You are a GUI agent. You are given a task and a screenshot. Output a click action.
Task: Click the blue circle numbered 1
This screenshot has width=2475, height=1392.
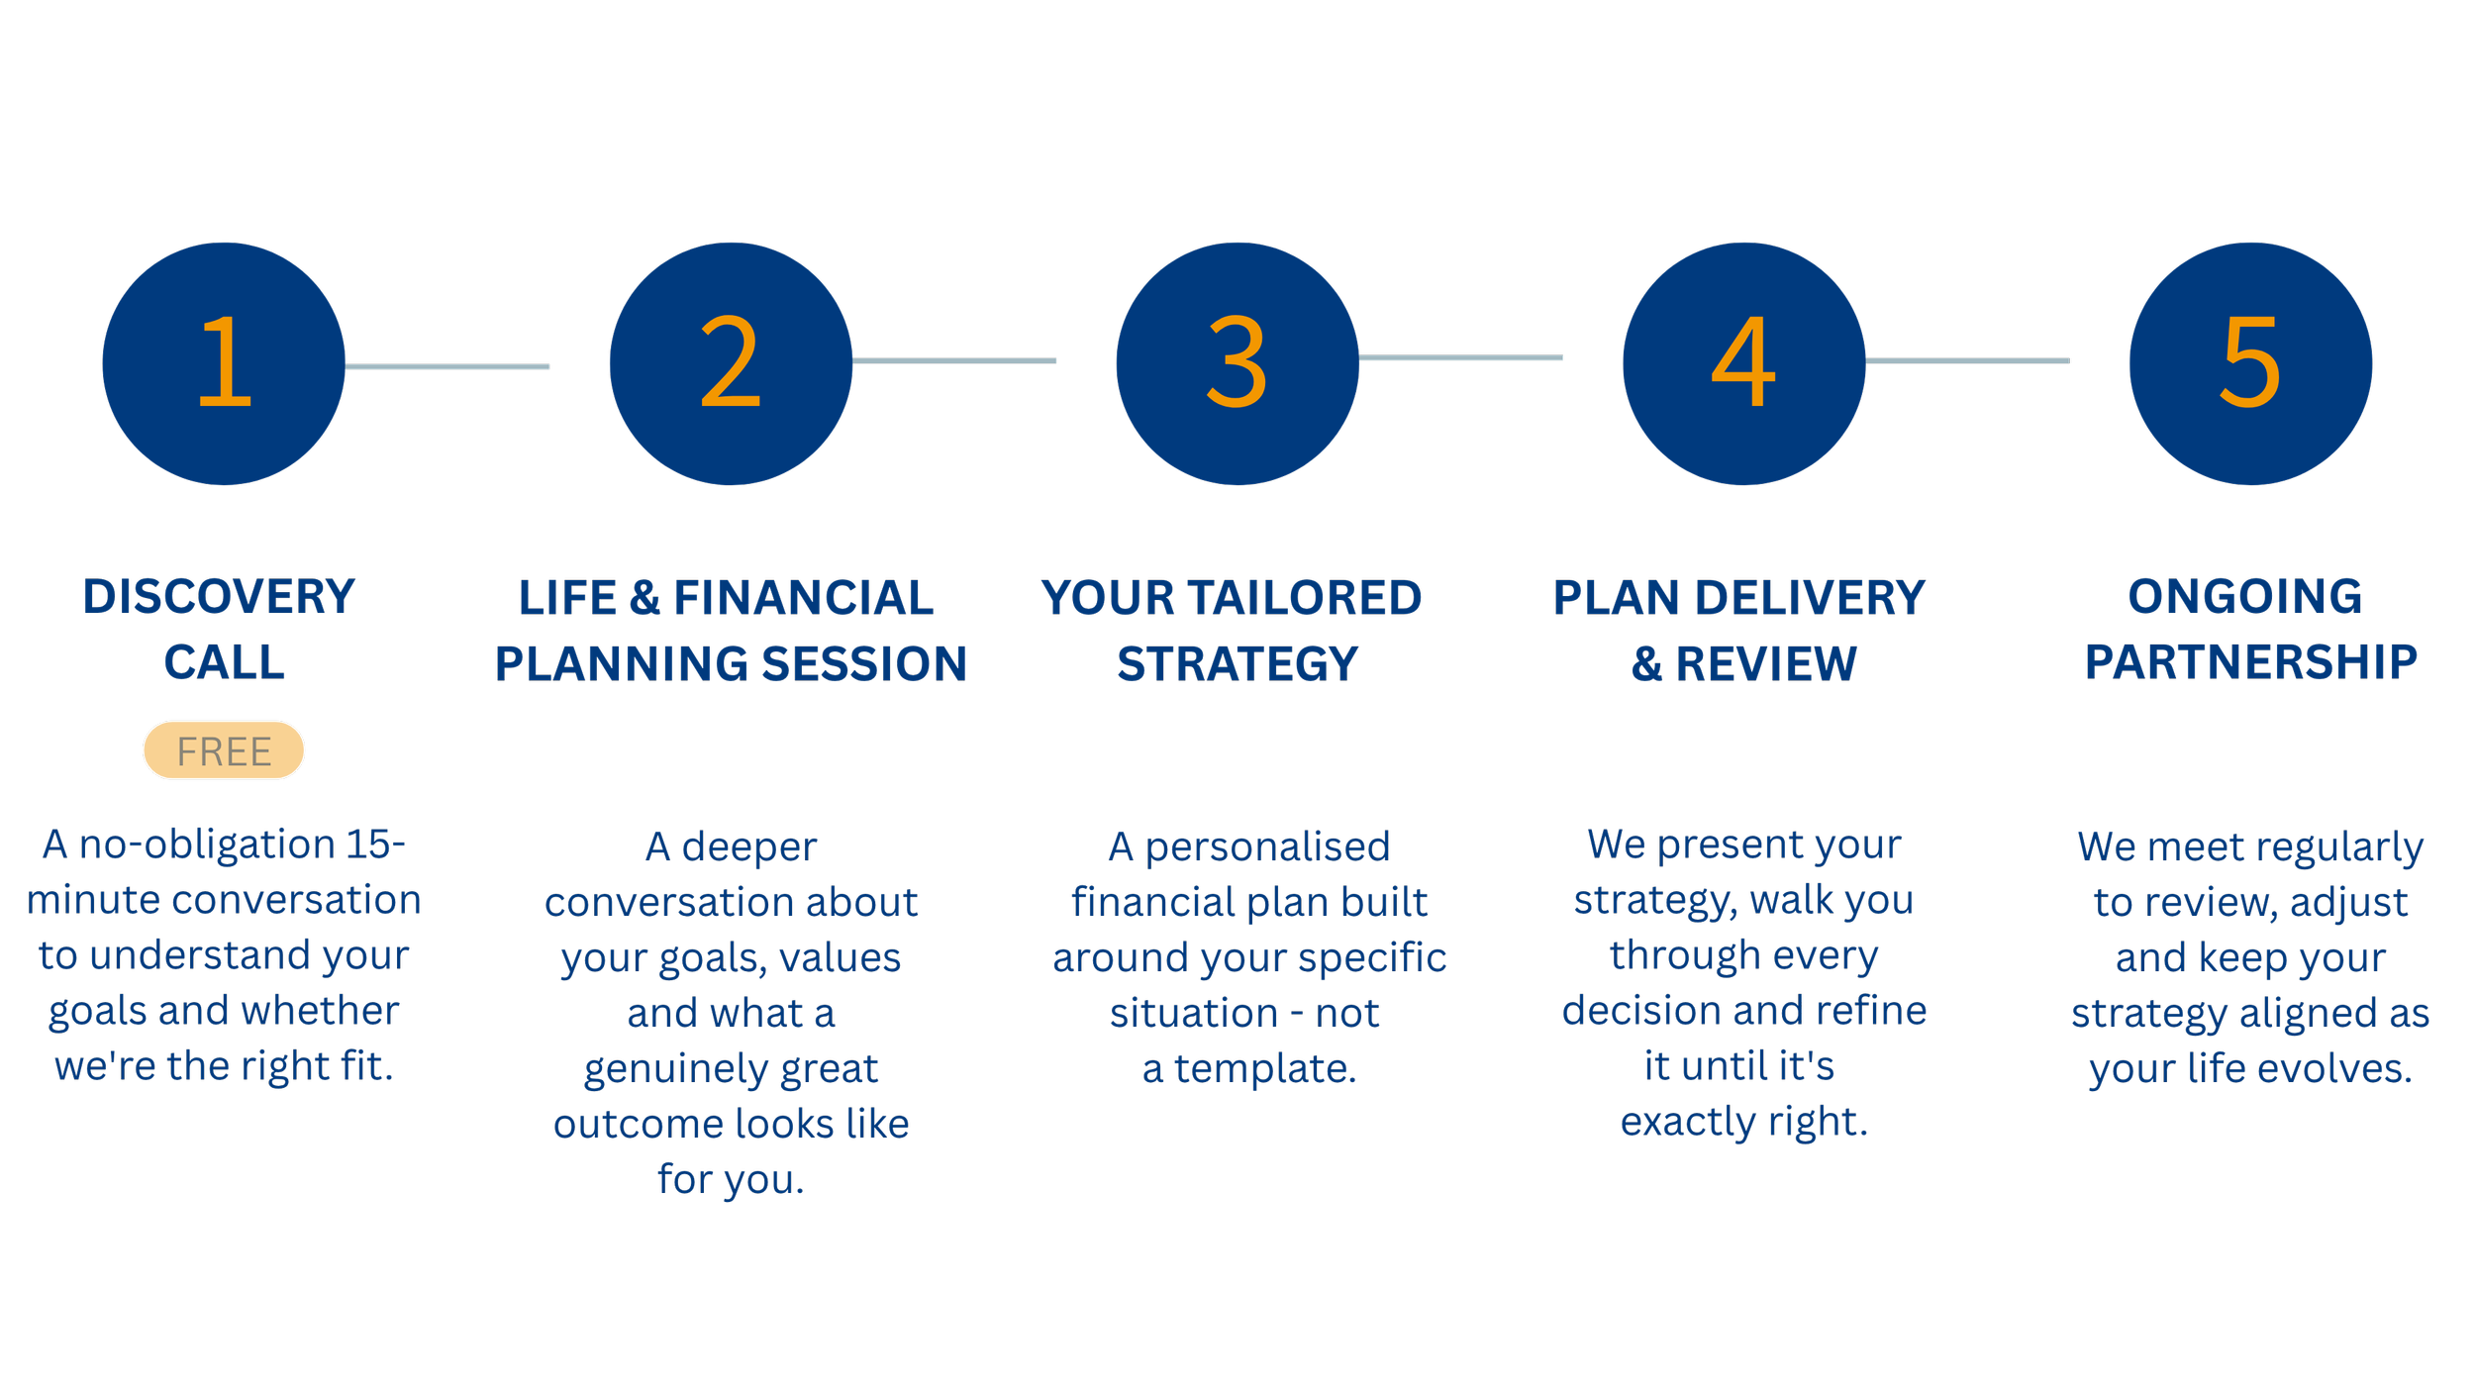click(x=224, y=363)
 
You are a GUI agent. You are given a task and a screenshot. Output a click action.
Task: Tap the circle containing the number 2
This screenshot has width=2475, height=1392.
click(x=731, y=363)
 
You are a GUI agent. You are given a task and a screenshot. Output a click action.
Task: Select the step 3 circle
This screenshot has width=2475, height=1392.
click(x=1237, y=363)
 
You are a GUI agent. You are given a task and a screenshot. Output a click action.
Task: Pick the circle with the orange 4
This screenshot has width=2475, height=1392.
click(x=1744, y=363)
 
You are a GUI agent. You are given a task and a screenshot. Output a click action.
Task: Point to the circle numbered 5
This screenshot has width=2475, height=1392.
click(x=2250, y=363)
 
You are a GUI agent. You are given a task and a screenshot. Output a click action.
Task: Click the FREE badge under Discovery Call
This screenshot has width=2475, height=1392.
click(x=224, y=750)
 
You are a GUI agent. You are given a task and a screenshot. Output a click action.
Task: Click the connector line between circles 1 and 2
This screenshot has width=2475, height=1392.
click(x=447, y=366)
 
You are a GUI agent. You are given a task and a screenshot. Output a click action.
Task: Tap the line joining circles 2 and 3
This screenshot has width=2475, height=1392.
click(x=954, y=360)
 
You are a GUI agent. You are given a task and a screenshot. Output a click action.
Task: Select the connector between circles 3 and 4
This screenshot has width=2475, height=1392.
click(x=1461, y=357)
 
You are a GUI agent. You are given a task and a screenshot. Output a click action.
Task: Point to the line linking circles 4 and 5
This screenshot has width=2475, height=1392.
click(x=1968, y=360)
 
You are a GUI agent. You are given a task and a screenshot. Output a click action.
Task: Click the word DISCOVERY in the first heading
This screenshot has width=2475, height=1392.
click(x=219, y=597)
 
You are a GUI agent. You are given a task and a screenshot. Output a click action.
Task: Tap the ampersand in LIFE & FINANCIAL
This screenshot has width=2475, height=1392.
click(x=644, y=598)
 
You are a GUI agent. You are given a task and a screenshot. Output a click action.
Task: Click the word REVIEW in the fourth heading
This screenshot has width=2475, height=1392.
click(x=1766, y=664)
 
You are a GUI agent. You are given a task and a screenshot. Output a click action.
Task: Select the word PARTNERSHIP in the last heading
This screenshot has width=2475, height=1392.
click(x=2251, y=662)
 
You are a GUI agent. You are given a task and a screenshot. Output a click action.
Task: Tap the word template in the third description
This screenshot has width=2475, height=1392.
click(x=1265, y=1068)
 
